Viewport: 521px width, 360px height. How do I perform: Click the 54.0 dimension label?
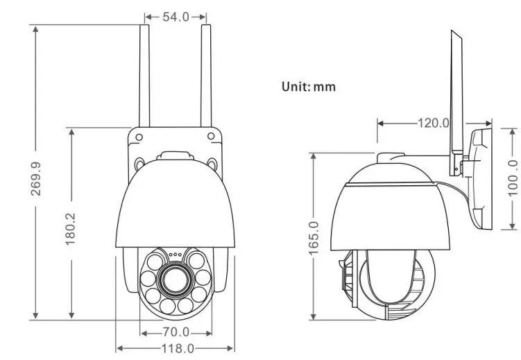[x=176, y=17]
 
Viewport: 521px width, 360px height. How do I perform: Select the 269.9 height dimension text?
[x=36, y=179]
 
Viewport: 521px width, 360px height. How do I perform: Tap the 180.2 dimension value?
[x=71, y=227]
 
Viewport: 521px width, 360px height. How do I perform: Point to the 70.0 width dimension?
[x=176, y=332]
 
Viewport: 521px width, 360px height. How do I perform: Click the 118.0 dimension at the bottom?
[x=176, y=348]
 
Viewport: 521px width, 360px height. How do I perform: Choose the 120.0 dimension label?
[x=433, y=123]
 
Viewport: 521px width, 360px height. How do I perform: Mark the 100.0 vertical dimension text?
[x=512, y=177]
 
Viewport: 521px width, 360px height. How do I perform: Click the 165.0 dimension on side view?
[x=314, y=238]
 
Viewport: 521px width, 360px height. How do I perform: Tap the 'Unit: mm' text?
[x=308, y=87]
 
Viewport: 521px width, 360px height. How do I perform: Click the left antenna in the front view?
[x=144, y=76]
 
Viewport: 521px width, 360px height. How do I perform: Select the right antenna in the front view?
[x=206, y=76]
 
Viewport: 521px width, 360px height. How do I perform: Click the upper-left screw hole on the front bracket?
[x=139, y=135]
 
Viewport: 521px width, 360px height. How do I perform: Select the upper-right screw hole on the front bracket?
[x=212, y=135]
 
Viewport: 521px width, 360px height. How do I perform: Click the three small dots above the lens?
[x=175, y=254]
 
